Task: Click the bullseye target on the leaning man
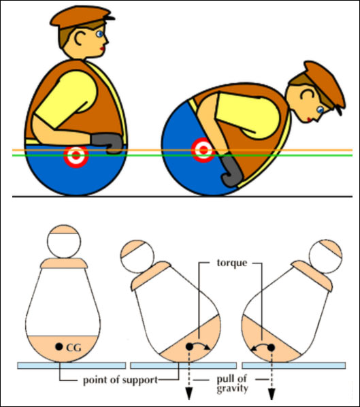202,149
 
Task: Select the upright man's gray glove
107,142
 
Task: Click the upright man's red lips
103,47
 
